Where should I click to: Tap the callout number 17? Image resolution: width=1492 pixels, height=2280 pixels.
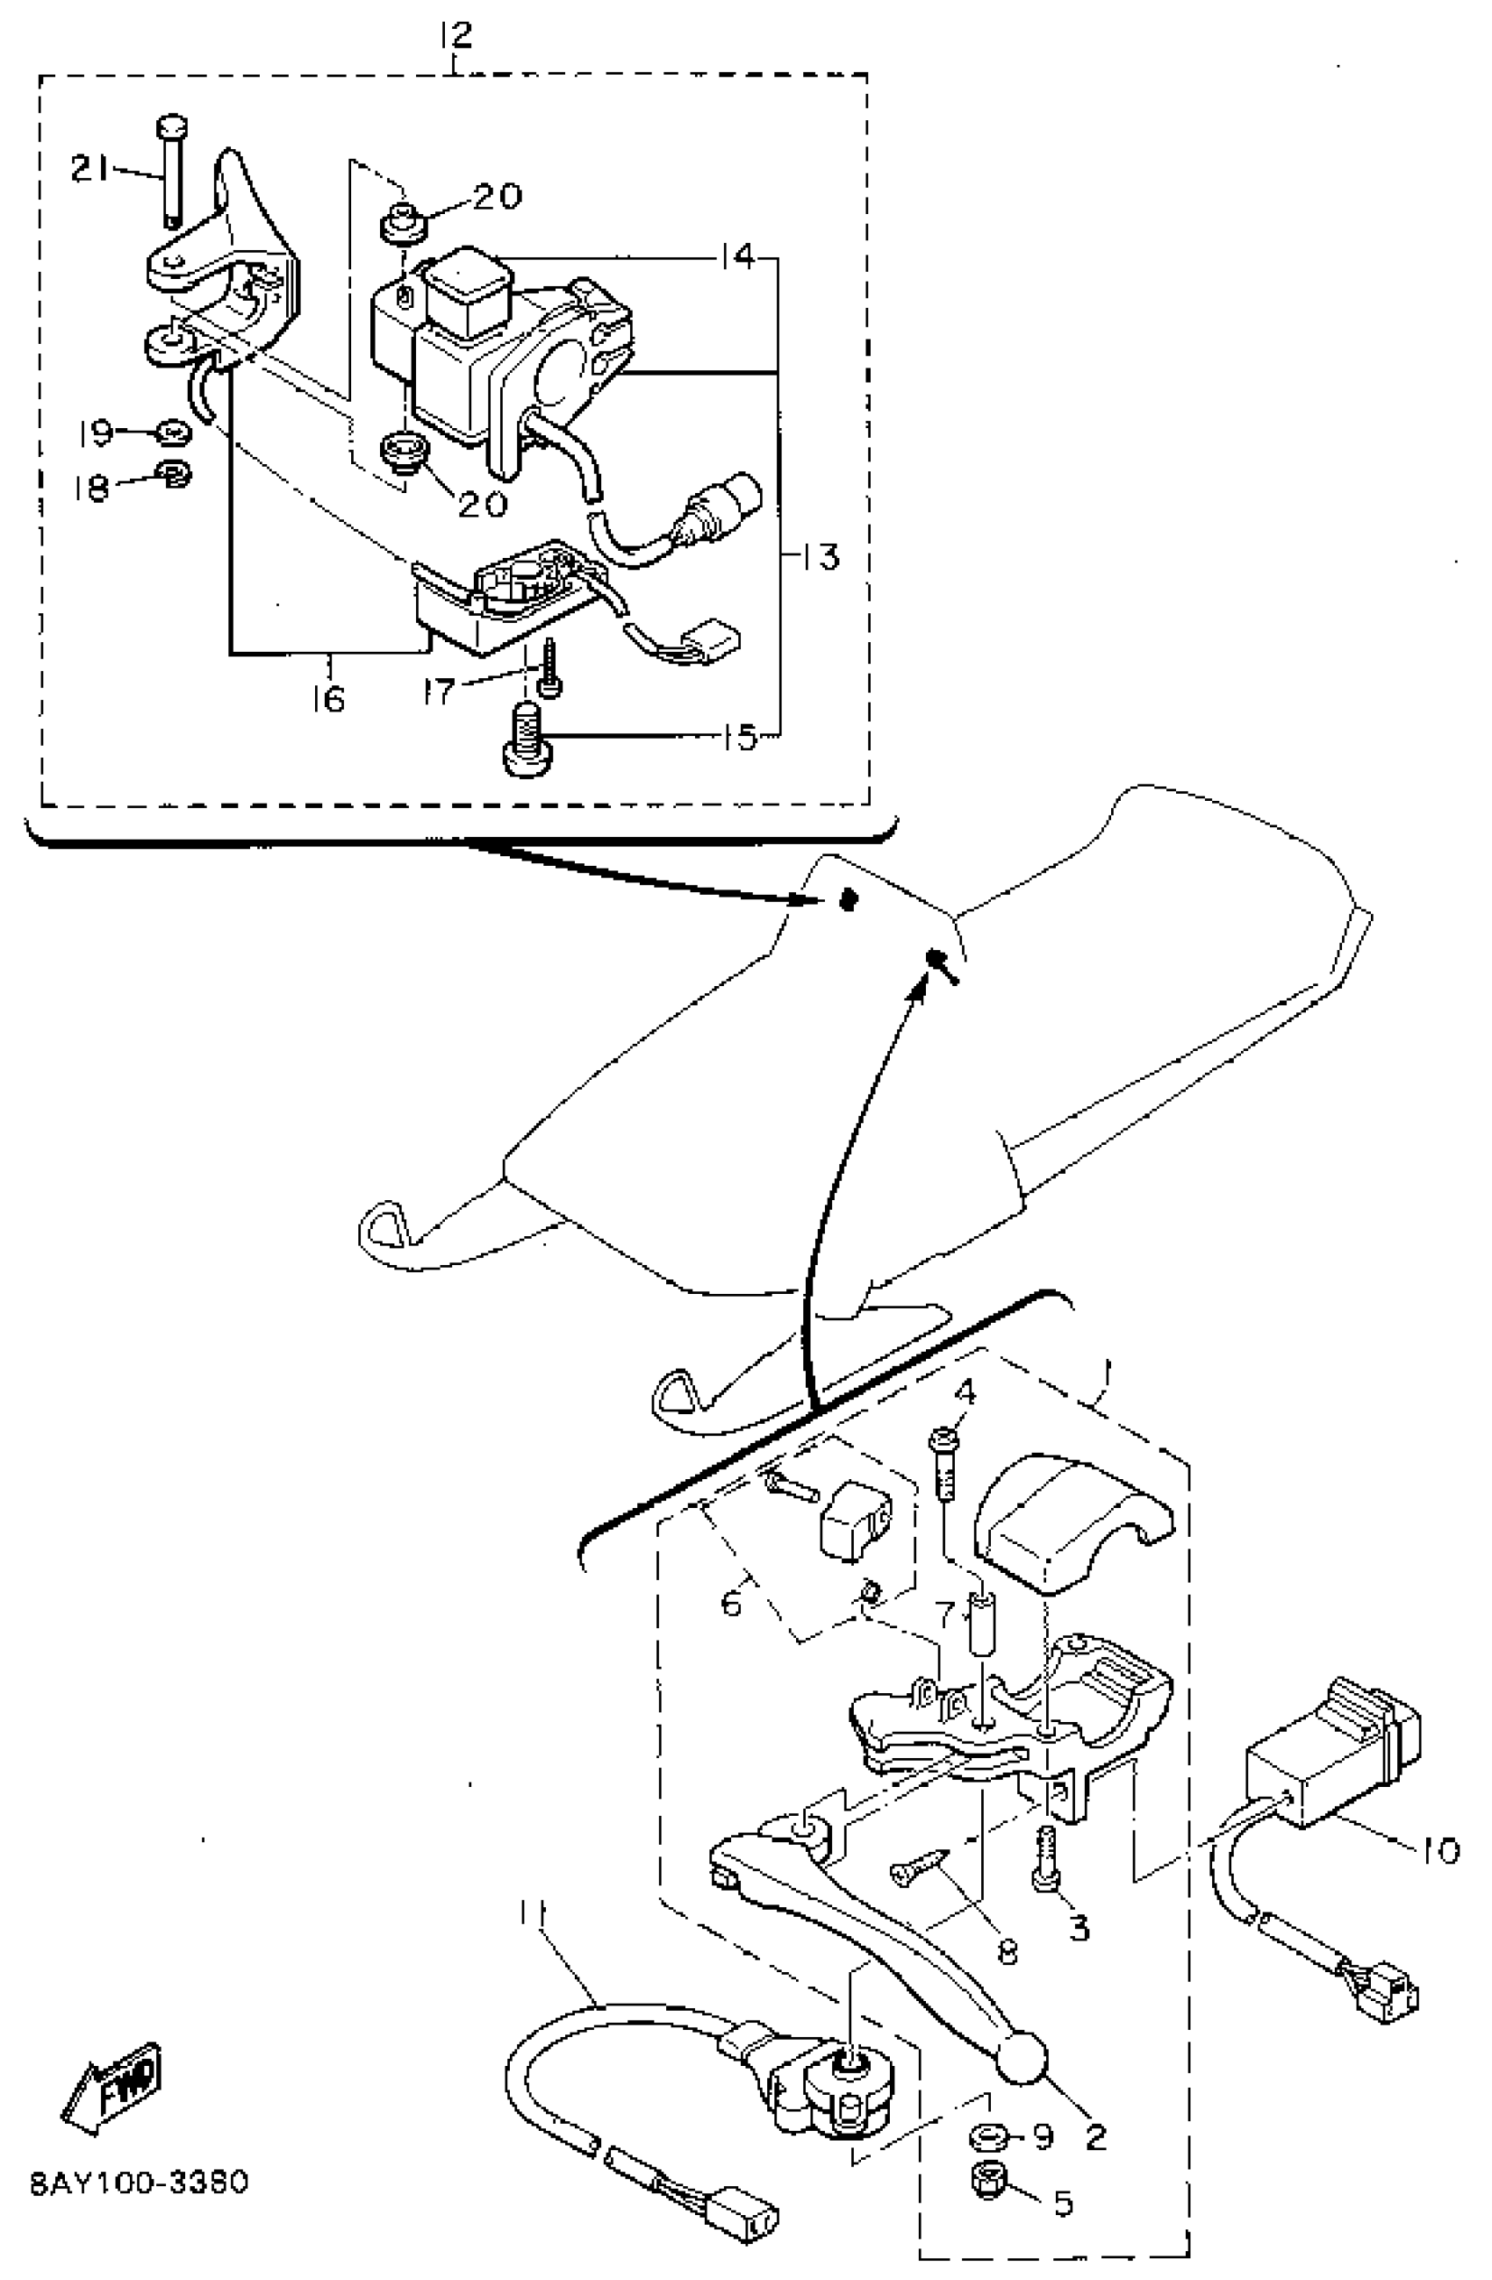coord(438,690)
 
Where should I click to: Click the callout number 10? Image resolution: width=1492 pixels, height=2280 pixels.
coord(1439,1850)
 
